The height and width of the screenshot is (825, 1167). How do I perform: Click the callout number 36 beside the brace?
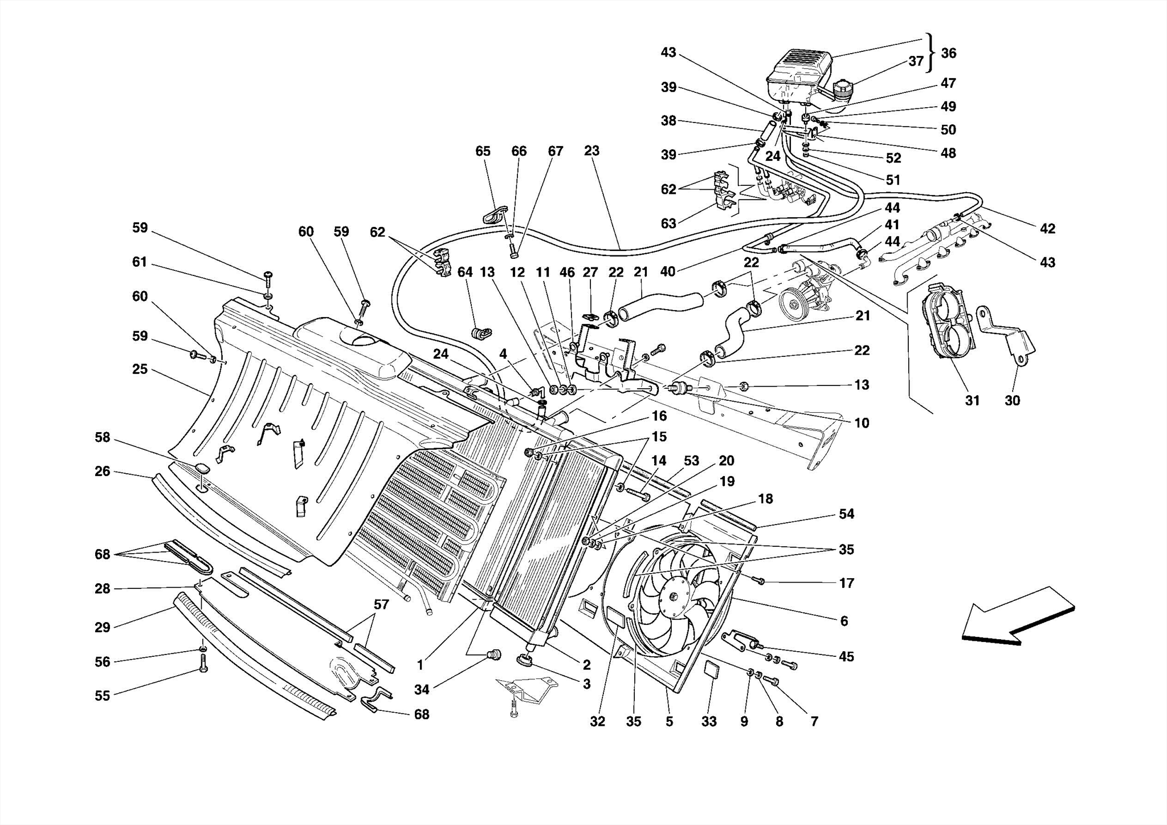(x=948, y=54)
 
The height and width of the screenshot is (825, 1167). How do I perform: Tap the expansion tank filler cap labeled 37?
(x=843, y=91)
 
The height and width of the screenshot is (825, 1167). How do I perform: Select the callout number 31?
(x=972, y=401)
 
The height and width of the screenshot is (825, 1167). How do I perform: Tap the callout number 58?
(x=102, y=438)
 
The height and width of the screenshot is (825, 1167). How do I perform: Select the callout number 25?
(x=140, y=369)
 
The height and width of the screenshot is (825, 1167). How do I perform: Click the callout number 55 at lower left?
(x=102, y=696)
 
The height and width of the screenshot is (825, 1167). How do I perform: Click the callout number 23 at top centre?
(x=591, y=151)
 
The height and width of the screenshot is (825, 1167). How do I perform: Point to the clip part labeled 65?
(x=493, y=215)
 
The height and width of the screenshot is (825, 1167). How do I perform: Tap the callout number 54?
(x=846, y=514)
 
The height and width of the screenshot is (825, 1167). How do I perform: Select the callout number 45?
(x=846, y=657)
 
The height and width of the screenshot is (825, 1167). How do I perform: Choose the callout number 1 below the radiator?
(x=420, y=665)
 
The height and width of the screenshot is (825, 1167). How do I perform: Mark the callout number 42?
(x=1047, y=229)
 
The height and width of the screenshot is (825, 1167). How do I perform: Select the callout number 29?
(x=102, y=628)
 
